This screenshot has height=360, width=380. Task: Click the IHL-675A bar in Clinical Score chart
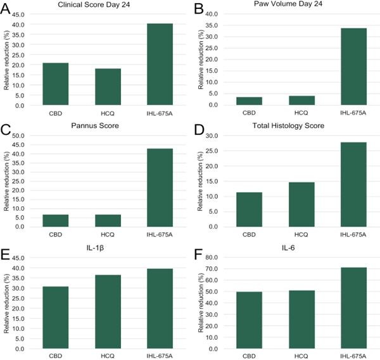coord(160,64)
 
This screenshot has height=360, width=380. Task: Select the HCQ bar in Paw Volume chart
coord(301,101)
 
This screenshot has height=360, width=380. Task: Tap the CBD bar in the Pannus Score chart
coord(56,221)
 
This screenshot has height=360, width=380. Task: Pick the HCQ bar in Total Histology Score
coord(301,204)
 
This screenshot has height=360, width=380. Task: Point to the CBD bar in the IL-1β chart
coord(56,318)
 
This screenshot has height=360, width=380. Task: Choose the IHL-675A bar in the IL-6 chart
coord(353,308)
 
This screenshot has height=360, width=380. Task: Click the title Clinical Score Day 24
coord(94,4)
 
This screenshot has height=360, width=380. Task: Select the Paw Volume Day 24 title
coord(288,4)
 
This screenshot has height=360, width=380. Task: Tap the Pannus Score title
coord(95,126)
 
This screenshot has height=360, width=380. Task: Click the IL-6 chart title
coord(288,247)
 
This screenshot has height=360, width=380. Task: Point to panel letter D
coord(199,130)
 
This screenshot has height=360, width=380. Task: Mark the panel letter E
coord(5,254)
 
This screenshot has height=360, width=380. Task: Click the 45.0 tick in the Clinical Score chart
coord(18,15)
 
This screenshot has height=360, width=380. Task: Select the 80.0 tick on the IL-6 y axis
coord(212,257)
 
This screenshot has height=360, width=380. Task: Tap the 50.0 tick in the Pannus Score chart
coord(18,135)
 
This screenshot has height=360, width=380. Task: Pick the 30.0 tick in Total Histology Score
coord(212,136)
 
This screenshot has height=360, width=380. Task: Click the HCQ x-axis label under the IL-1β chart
coord(108,356)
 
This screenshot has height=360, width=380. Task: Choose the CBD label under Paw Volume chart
coord(249,113)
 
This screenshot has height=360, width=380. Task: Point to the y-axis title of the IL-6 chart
coord(201,303)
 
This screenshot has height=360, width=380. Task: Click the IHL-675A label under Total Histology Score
coord(353,235)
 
